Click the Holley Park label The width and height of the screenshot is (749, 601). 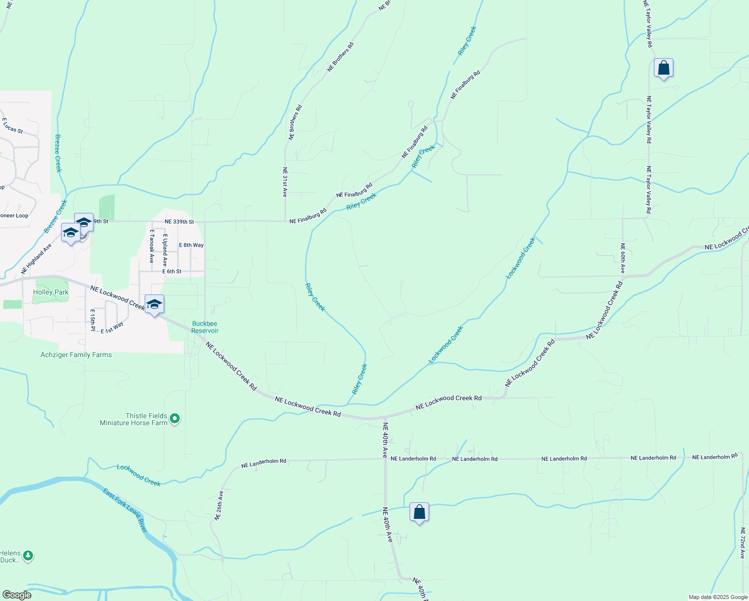(x=51, y=292)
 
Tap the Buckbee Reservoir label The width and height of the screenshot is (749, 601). (x=205, y=327)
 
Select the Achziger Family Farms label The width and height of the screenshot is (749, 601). (x=76, y=355)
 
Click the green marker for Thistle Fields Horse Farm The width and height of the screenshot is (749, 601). (x=175, y=418)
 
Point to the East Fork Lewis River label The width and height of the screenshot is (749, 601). (x=125, y=510)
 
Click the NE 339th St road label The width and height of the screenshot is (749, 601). (x=179, y=221)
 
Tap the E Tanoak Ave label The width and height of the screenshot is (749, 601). (x=151, y=246)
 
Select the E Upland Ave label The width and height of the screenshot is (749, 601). (x=165, y=249)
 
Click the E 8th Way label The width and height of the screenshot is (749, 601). (x=191, y=245)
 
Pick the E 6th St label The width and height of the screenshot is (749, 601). (x=172, y=271)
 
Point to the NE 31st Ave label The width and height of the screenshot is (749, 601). (x=285, y=182)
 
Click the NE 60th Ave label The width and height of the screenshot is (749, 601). (x=622, y=258)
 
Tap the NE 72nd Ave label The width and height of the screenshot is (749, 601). (x=742, y=543)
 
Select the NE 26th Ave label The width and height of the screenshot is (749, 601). (x=219, y=505)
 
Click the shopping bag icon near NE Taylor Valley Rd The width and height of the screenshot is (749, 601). (x=663, y=68)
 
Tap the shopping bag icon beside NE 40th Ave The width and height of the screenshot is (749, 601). (x=419, y=512)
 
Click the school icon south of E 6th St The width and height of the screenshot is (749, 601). (x=154, y=305)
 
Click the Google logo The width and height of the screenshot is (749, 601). (x=17, y=595)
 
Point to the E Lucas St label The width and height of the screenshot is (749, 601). (x=13, y=126)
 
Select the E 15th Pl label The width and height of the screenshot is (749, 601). (x=93, y=320)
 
